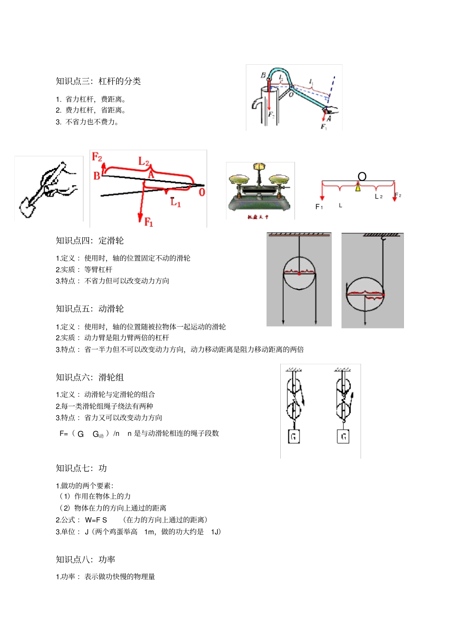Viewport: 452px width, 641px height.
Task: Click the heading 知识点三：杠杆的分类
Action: coord(98,81)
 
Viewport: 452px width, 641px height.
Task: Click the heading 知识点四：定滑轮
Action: coord(89,240)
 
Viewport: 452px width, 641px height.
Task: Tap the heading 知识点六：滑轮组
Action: coord(89,377)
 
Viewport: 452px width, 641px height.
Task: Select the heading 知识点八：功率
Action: coord(85,559)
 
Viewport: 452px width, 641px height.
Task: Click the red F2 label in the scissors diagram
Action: coord(97,157)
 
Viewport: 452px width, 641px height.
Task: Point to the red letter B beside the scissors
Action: coord(97,176)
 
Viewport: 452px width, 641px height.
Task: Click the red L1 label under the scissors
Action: coord(175,202)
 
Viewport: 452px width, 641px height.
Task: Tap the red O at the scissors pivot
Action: coord(202,192)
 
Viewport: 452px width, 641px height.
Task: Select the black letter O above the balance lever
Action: coord(362,177)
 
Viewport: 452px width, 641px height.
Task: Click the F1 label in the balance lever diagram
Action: coord(319,207)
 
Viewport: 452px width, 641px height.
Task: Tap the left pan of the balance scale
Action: coord(239,180)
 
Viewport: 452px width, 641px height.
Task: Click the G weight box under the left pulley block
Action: coord(294,436)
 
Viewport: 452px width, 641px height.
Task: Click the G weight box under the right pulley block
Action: coord(343,436)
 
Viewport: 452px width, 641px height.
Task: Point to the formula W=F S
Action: coord(96,520)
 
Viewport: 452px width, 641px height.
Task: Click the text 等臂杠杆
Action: coord(98,270)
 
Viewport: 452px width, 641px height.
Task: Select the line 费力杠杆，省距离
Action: coord(95,110)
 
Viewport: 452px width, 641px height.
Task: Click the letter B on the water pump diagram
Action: coord(263,75)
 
